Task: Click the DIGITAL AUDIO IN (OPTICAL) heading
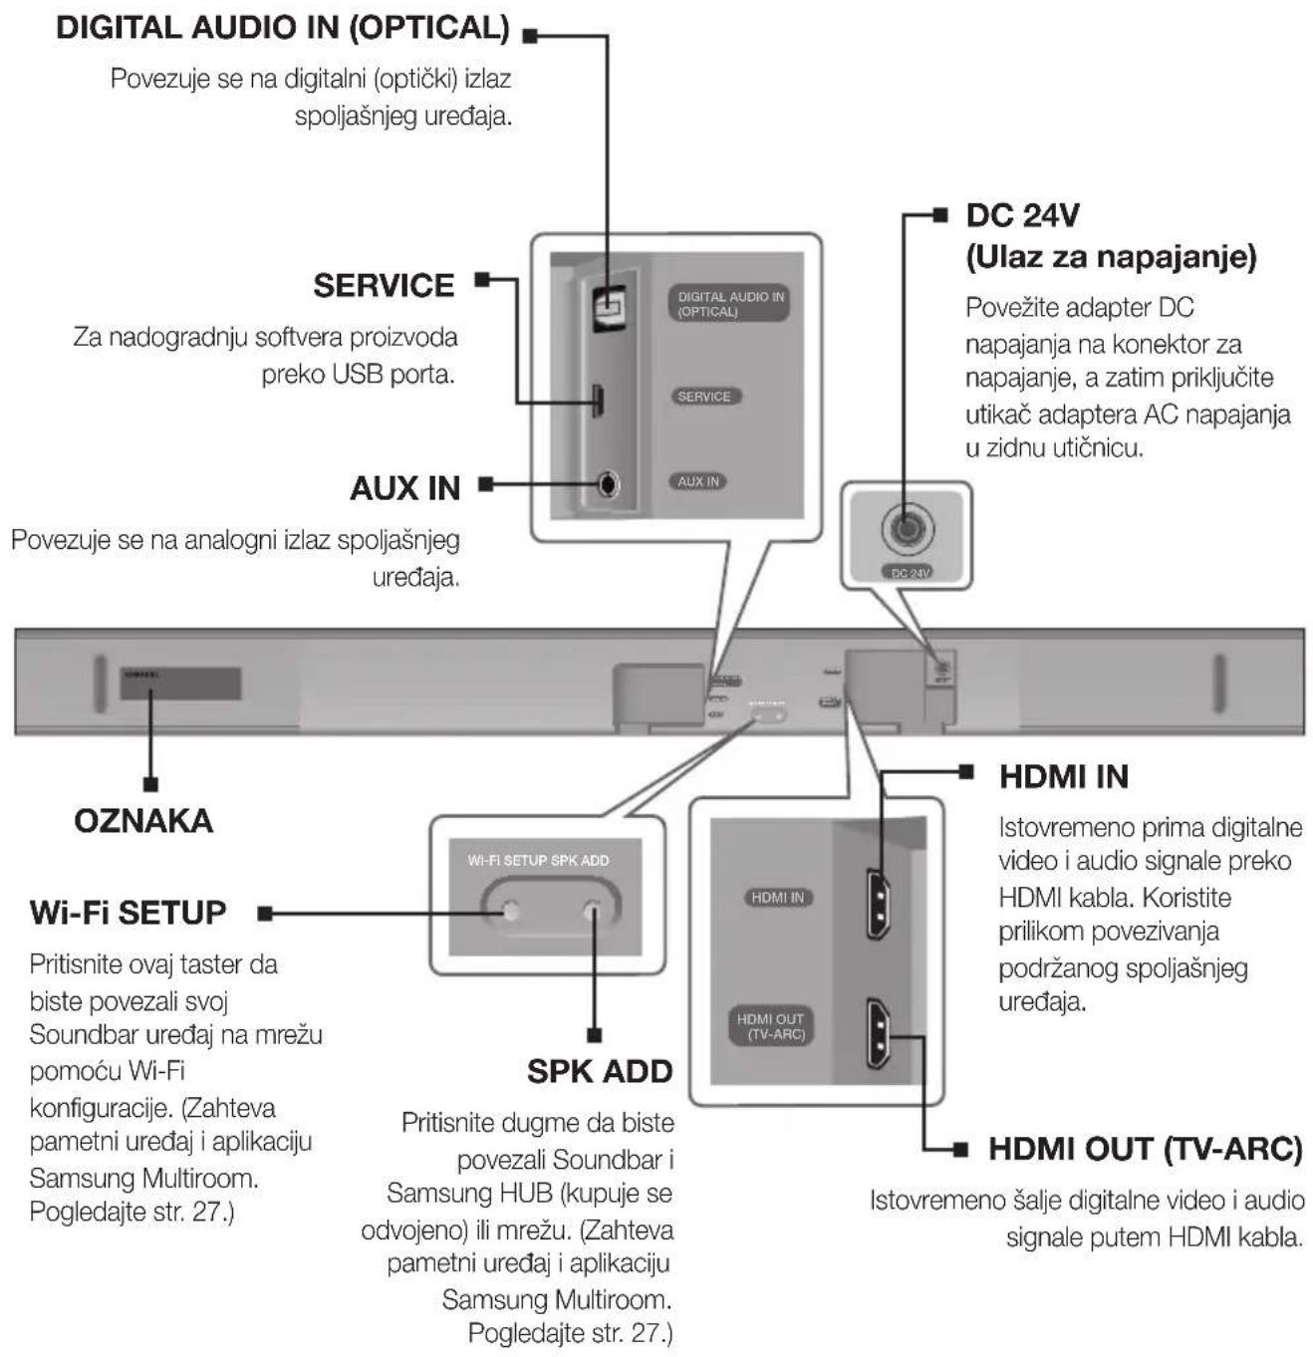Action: coord(283,28)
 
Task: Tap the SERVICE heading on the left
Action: coord(384,286)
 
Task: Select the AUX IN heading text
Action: coord(404,488)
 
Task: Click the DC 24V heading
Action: coord(1022,215)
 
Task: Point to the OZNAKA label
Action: coord(143,821)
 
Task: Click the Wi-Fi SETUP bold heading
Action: coord(129,913)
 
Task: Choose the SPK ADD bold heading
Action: coord(600,1071)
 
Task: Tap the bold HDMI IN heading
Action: coord(1063,777)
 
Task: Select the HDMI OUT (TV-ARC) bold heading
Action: coord(1145,1149)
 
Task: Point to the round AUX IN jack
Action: coord(610,485)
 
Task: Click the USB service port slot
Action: coord(599,400)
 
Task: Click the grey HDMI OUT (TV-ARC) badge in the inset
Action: coord(770,1026)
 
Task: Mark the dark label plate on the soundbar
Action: coord(180,684)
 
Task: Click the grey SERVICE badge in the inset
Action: coord(704,397)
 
